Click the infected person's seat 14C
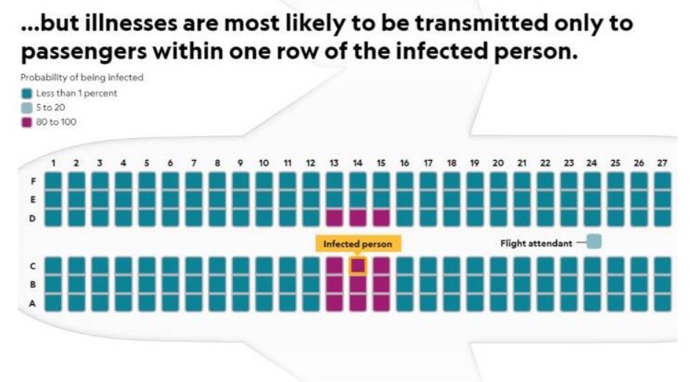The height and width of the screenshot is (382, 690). click(x=357, y=265)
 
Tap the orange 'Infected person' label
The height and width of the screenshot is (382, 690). click(x=358, y=244)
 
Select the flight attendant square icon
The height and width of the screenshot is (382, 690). click(x=594, y=241)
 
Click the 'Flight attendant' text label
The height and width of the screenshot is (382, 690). click(x=536, y=243)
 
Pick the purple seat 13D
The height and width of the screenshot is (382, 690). click(x=334, y=217)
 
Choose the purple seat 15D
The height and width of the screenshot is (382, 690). click(x=381, y=217)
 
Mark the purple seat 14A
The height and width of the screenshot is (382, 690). click(x=357, y=302)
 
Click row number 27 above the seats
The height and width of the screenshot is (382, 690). click(x=662, y=162)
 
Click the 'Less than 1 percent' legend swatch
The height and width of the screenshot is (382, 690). click(x=27, y=93)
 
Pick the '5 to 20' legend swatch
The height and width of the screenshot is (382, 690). click(x=27, y=107)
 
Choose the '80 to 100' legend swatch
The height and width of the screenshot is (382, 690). click(x=27, y=121)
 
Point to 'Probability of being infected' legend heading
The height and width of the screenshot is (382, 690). click(x=71, y=78)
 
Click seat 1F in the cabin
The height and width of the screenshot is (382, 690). click(x=54, y=181)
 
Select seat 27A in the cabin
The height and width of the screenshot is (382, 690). click(x=662, y=302)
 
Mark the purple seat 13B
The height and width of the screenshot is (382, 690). click(x=334, y=284)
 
